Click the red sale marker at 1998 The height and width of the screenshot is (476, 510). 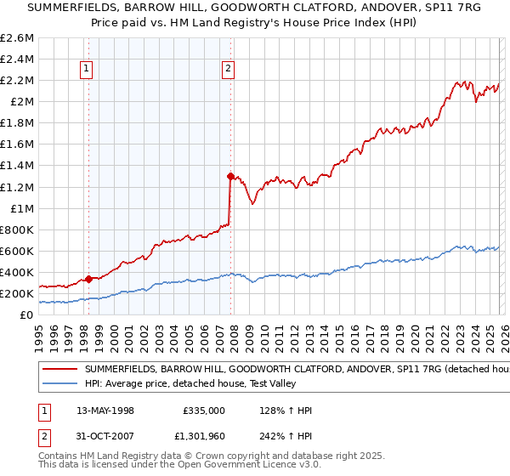point(88,278)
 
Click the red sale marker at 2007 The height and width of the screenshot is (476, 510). point(230,176)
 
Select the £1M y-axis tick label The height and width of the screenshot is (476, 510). point(20,208)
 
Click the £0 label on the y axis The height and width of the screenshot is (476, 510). point(27,314)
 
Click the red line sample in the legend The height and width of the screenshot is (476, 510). point(59,371)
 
